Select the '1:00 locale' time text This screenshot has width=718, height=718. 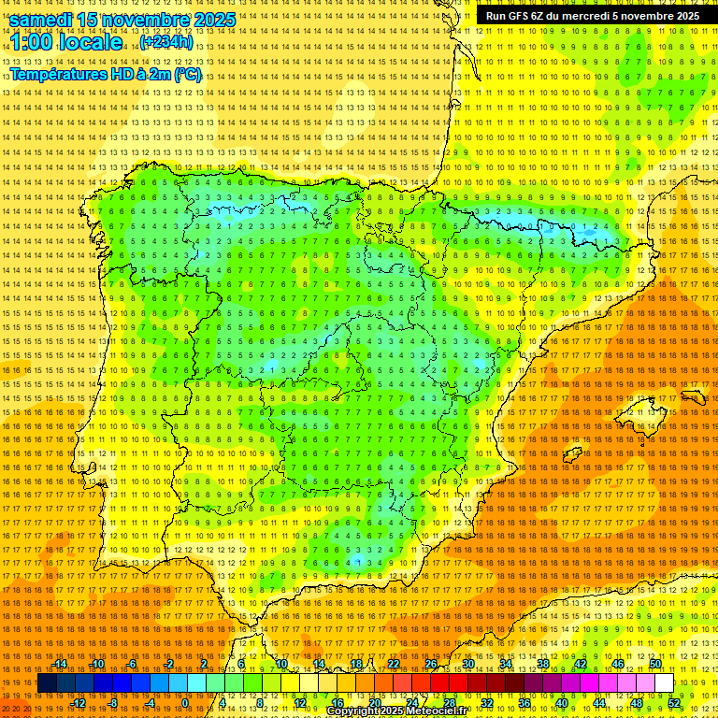click(66, 42)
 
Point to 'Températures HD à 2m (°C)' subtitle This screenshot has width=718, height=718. click(106, 75)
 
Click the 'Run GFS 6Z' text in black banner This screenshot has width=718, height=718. click(513, 16)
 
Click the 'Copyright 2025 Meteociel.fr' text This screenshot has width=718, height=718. click(396, 711)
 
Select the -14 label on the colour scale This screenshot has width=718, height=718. click(60, 664)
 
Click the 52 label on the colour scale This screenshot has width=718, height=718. click(674, 703)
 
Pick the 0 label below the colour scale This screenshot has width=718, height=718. click(186, 703)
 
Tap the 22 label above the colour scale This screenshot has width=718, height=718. click(394, 664)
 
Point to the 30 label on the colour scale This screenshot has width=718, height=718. click(468, 664)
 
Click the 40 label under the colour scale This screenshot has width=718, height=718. click(562, 703)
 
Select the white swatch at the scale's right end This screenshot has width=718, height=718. click(664, 683)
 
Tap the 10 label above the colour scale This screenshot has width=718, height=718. click(280, 664)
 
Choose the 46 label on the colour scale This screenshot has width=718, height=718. click(618, 664)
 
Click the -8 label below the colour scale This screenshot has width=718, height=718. click(112, 703)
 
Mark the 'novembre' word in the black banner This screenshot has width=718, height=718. click(641, 16)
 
